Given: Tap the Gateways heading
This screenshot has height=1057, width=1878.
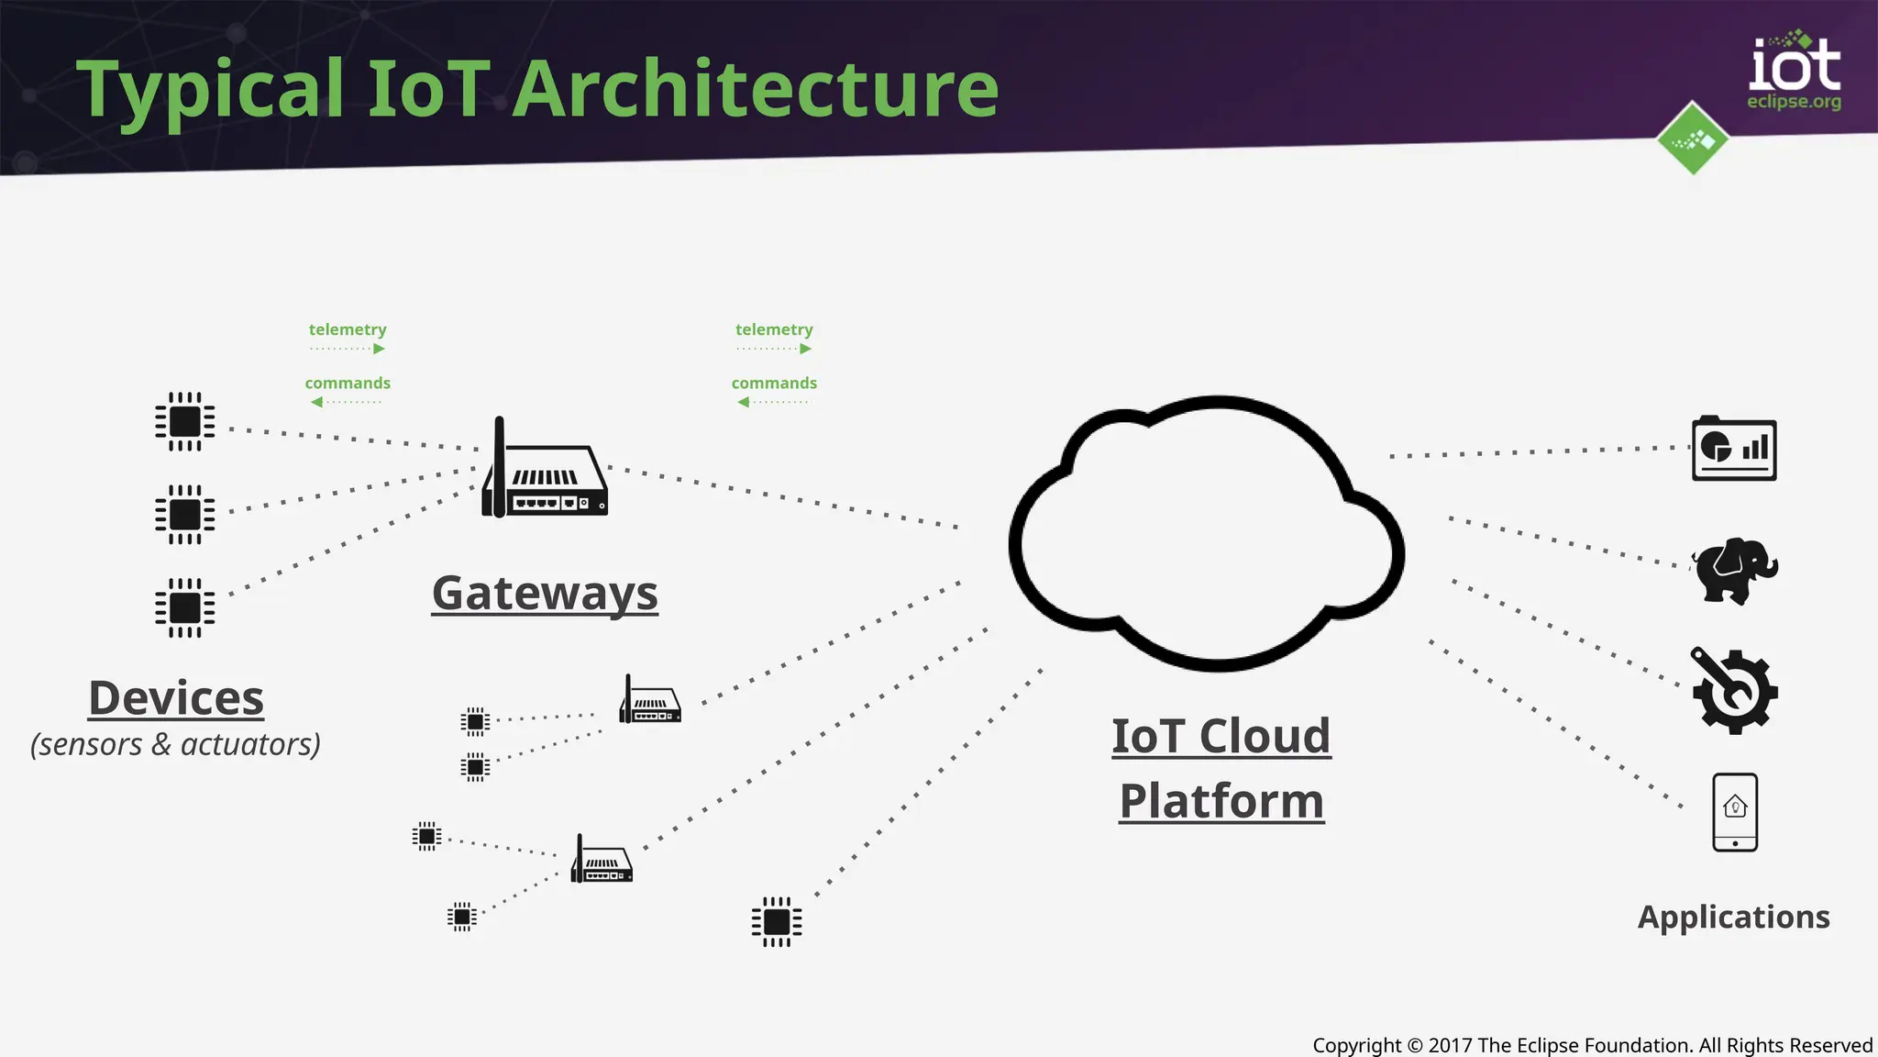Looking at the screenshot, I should pyautogui.click(x=545, y=593).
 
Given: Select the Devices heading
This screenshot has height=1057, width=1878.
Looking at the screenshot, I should pyautogui.click(x=176, y=698).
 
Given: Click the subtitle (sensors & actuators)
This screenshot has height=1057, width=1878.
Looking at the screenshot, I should pyautogui.click(x=175, y=744).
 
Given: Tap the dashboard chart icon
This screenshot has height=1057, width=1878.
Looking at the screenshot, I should pyautogui.click(x=1733, y=449).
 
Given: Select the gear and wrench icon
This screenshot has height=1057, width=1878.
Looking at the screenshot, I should pyautogui.click(x=1733, y=691).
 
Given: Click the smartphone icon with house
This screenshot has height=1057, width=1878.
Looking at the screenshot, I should pyautogui.click(x=1735, y=812).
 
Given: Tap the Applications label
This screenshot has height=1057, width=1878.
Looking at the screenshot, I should pyautogui.click(x=1733, y=917).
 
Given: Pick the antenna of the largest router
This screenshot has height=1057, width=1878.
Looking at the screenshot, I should pyautogui.click(x=500, y=459).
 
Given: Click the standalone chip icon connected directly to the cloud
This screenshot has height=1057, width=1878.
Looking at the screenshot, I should pyautogui.click(x=777, y=921).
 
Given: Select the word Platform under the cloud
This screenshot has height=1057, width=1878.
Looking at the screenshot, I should pyautogui.click(x=1221, y=801).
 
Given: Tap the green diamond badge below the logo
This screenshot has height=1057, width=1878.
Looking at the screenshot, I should pyautogui.click(x=1693, y=139).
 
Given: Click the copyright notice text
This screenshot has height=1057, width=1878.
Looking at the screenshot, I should pyautogui.click(x=1592, y=1045).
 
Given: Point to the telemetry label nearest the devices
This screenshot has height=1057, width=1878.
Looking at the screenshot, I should pyautogui.click(x=348, y=329).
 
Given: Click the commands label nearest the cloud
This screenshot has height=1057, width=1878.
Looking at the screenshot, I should pyautogui.click(x=774, y=384).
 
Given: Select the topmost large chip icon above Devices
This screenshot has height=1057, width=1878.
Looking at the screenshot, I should pyautogui.click(x=184, y=421).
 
